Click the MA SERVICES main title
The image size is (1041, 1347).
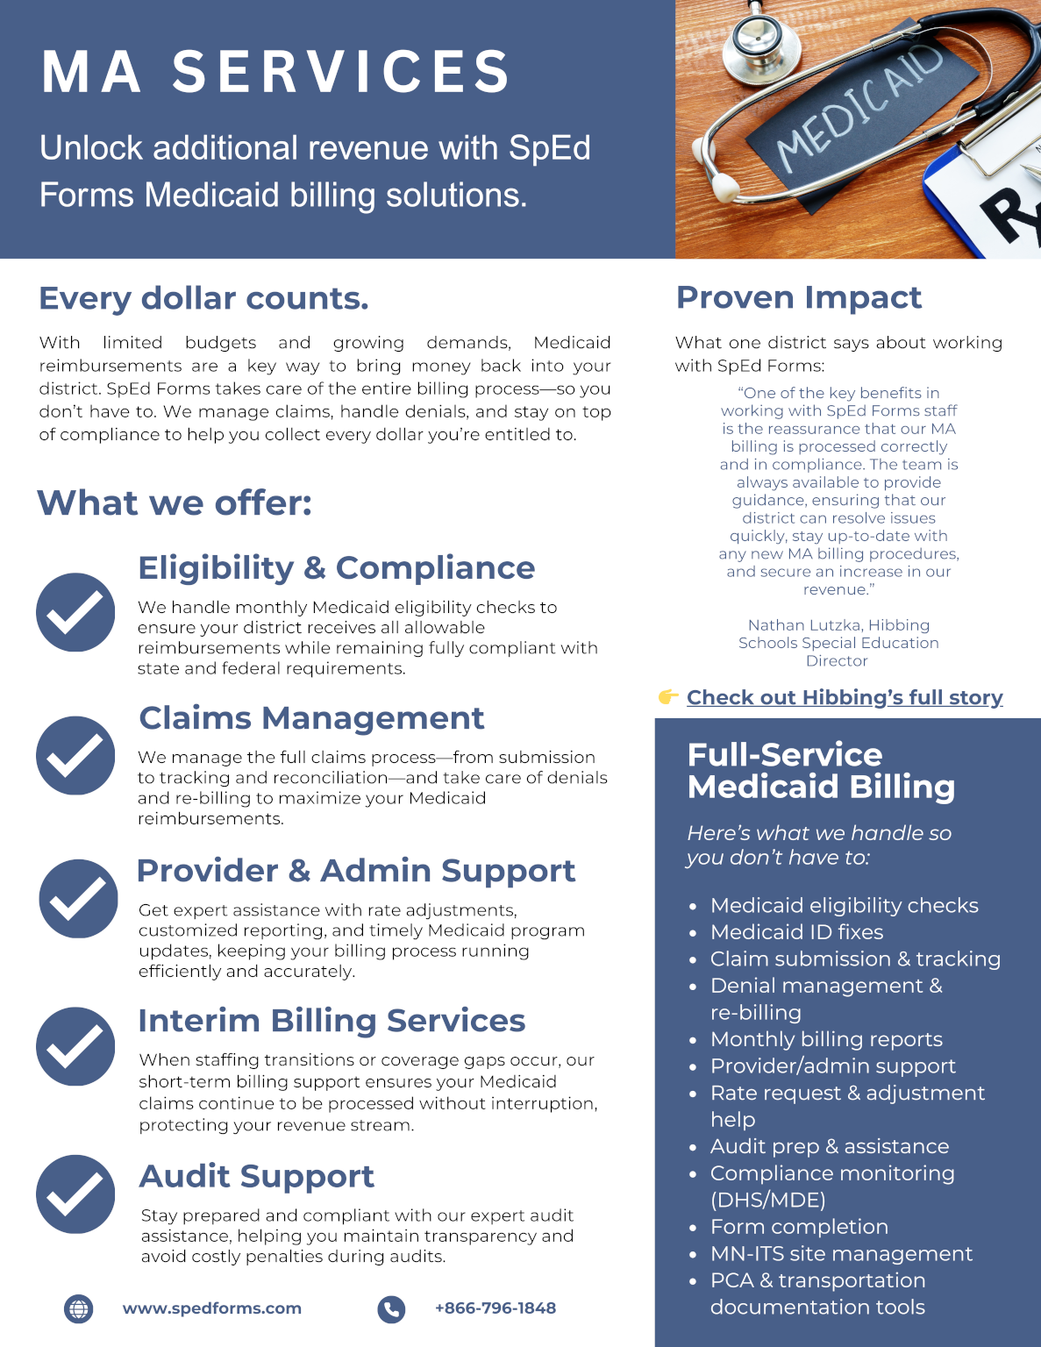tap(275, 71)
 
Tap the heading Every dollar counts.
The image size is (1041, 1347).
tap(203, 298)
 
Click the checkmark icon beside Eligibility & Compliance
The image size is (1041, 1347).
tap(75, 612)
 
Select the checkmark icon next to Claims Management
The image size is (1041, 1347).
tap(75, 755)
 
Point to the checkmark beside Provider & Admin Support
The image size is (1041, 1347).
tap(78, 898)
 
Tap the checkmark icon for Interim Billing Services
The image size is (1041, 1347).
tap(75, 1046)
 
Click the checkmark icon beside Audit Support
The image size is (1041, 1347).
tap(75, 1194)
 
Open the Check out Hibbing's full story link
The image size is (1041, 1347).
tap(845, 697)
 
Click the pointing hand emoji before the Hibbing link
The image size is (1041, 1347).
tap(668, 697)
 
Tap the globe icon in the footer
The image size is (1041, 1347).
tap(79, 1308)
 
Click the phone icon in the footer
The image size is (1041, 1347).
tap(391, 1308)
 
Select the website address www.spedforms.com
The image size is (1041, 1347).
tap(212, 1308)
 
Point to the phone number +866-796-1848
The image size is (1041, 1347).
tap(496, 1308)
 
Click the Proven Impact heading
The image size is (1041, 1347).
tap(798, 297)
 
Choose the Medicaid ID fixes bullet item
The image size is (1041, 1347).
tap(796, 931)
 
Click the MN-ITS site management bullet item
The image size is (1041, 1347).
tap(841, 1253)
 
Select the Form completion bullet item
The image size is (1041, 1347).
tap(799, 1227)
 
